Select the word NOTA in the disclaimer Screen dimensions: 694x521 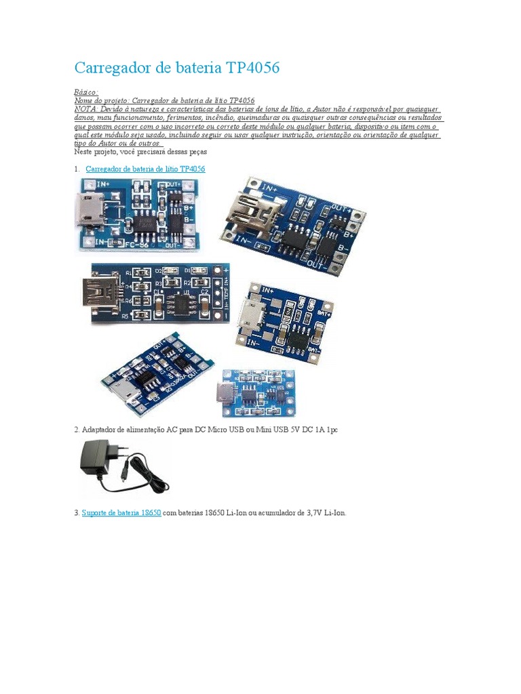[85, 108]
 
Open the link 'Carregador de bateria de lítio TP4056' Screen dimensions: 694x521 [145, 168]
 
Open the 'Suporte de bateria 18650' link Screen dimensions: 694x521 [121, 513]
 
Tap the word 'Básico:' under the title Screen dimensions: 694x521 [86, 91]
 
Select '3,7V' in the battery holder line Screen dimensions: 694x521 [305, 513]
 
